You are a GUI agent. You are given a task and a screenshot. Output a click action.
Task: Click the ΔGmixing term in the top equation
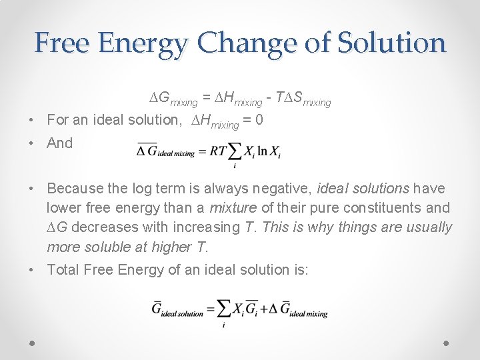click(173, 100)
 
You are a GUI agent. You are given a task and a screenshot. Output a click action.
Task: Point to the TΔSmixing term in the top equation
click(303, 100)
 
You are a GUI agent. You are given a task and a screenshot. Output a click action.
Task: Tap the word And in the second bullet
click(60, 143)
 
